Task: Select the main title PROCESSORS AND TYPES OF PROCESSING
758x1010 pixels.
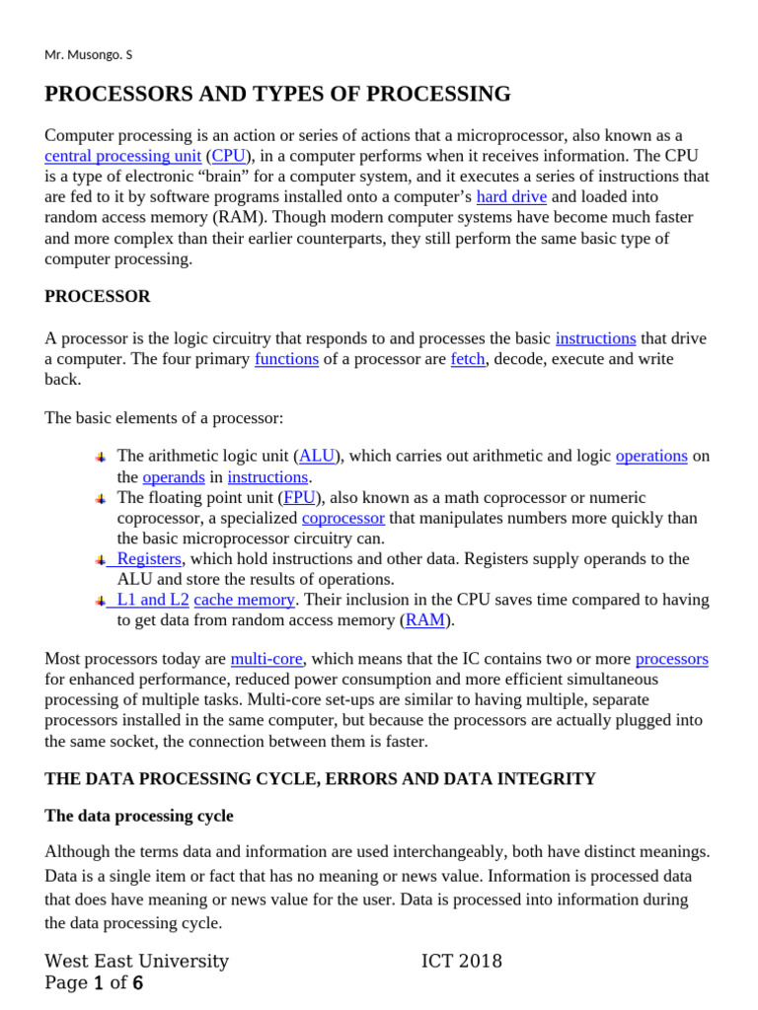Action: point(277,95)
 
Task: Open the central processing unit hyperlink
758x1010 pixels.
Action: point(122,156)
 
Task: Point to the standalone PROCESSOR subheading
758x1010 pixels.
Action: point(98,296)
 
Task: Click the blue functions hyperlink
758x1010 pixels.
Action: point(286,359)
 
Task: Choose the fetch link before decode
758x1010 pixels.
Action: point(467,359)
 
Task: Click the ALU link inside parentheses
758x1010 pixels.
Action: point(317,456)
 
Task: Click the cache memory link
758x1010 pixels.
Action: point(244,600)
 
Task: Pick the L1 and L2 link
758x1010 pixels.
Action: point(152,600)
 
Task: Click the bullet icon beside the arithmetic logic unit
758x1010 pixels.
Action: point(101,457)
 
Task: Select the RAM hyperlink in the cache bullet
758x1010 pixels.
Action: point(424,620)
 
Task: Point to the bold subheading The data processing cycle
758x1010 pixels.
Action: point(139,817)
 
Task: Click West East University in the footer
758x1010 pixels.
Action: point(137,961)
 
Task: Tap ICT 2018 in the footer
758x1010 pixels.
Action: point(461,961)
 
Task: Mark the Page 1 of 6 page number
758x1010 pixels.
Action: point(95,983)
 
